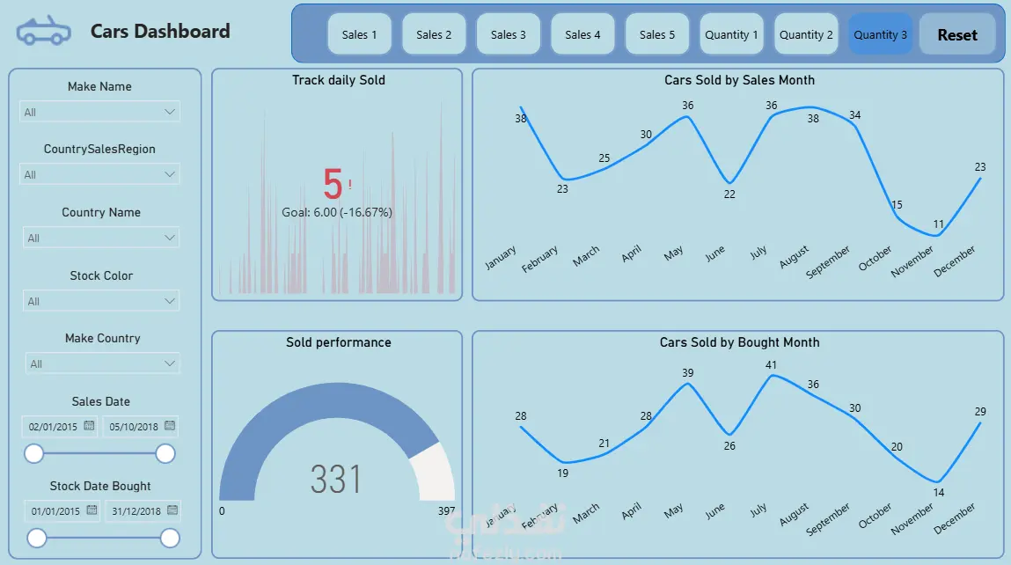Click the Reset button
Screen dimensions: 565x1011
click(956, 35)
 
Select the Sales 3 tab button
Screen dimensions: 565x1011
click(509, 35)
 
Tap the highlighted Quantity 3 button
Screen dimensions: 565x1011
click(880, 35)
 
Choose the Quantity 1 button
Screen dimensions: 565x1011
click(731, 35)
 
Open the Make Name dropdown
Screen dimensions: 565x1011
click(99, 112)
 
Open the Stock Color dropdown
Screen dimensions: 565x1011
click(100, 301)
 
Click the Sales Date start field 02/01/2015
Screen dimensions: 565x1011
click(54, 427)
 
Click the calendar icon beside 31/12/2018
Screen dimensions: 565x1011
click(172, 510)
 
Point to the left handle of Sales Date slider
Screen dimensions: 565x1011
click(34, 453)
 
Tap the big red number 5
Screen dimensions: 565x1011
click(333, 185)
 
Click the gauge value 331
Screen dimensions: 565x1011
click(336, 480)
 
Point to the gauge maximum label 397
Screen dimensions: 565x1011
click(446, 511)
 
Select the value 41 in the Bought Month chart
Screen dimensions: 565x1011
click(771, 365)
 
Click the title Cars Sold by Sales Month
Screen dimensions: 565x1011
click(739, 80)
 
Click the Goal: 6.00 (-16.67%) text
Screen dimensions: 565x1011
click(337, 212)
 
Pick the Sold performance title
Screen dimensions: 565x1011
click(338, 342)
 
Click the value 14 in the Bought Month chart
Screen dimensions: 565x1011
click(938, 493)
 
